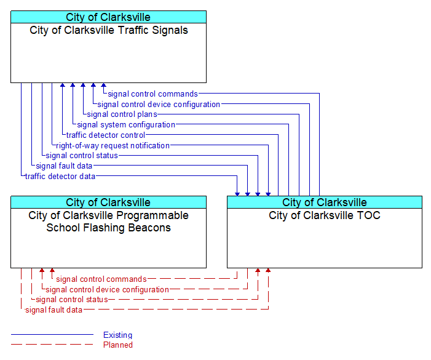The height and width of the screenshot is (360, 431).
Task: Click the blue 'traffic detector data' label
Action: coord(60,176)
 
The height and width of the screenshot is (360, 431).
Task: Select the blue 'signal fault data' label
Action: coord(64,166)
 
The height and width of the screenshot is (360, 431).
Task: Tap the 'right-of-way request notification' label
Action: coord(113,145)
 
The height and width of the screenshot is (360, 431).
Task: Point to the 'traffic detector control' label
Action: coord(106,135)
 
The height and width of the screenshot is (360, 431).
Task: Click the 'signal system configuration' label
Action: coord(126,124)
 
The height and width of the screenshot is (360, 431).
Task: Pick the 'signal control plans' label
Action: coord(122,114)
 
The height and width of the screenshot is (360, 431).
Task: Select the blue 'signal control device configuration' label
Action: coord(159,104)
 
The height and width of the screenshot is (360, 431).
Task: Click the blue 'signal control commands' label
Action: coord(153,94)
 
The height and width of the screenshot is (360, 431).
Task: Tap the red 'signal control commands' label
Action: coord(101,279)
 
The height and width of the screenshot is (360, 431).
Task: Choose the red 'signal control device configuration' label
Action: coord(108,290)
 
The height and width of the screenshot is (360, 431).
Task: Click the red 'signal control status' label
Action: coord(72,300)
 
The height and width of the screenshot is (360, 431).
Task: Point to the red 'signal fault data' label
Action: coord(54,310)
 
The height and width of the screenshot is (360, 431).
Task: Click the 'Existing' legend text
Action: coord(117,335)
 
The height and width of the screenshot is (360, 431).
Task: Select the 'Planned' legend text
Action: coord(118,345)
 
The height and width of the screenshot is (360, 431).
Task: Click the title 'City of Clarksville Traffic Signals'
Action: coord(109,30)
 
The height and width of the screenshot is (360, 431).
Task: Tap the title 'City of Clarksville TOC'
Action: coord(325,215)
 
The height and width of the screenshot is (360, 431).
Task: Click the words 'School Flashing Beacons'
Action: coord(109,228)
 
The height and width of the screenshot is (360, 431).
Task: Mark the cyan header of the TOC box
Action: coord(325,202)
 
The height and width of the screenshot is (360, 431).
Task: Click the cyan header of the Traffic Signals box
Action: coord(109,17)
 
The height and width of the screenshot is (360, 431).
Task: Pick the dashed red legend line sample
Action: coord(52,345)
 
